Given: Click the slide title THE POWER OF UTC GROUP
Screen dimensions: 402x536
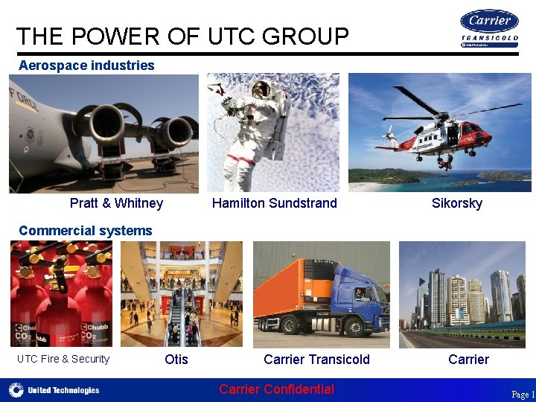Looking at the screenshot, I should (182, 36).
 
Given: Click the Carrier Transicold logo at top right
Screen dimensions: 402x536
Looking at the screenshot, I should (489, 28).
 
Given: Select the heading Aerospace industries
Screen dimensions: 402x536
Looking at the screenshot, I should (86, 66).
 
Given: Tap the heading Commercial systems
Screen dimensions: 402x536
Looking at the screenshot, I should (85, 231).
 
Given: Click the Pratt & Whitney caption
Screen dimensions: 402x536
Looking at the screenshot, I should (116, 203).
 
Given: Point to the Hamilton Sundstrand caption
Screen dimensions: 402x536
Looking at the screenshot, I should (274, 203).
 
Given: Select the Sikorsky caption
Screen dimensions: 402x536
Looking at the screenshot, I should (456, 203).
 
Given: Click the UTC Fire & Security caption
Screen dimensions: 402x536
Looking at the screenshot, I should (63, 360).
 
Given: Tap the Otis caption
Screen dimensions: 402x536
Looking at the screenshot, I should (176, 360).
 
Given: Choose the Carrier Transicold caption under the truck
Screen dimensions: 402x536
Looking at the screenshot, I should (316, 360).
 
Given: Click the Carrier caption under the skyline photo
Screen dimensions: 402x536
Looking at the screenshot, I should (468, 360).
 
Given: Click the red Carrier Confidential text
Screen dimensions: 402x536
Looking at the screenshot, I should (276, 389).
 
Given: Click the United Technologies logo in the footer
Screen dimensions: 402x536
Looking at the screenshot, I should (54, 390).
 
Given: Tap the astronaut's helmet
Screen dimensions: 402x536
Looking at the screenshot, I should (261, 90).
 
